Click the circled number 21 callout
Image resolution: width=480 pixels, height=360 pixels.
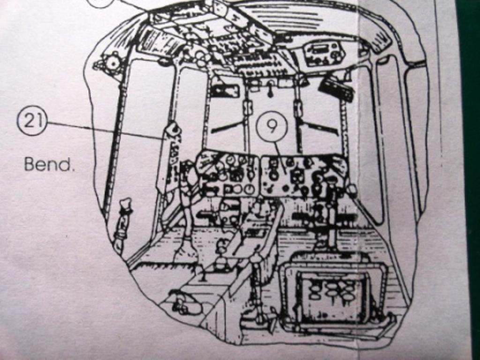[x=32, y=121]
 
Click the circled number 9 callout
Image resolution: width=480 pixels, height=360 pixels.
[x=271, y=126]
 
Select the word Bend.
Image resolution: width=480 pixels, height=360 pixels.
[x=49, y=164]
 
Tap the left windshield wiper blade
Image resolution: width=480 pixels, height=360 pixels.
[x=227, y=126]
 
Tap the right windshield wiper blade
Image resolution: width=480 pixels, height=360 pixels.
[x=319, y=127]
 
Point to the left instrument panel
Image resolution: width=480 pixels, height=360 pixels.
[x=228, y=173]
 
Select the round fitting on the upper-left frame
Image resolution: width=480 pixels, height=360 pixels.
[x=112, y=62]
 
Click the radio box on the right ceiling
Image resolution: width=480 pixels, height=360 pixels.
[x=324, y=52]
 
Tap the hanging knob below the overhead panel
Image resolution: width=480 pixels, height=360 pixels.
[x=270, y=91]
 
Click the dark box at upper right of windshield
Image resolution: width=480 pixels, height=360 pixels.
[x=336, y=89]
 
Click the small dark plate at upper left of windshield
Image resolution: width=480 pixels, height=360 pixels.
[x=225, y=90]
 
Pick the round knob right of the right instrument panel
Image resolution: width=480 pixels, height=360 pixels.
[x=351, y=190]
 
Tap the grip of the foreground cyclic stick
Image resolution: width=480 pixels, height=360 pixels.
[x=256, y=258]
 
